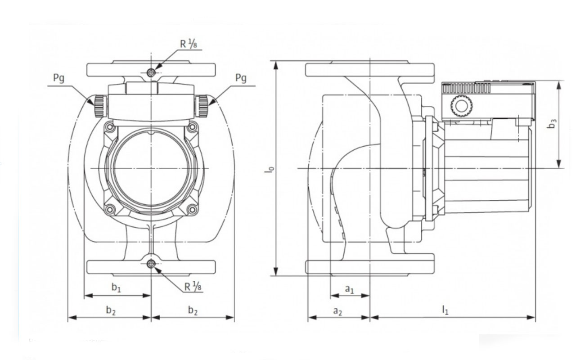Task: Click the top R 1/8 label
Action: tap(189, 44)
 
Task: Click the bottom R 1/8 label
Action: tap(193, 286)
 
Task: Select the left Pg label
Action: tap(58, 78)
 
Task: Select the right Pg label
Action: tap(241, 78)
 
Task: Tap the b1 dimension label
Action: tap(116, 287)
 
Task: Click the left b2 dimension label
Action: tap(111, 310)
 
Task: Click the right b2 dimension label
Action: tap(193, 310)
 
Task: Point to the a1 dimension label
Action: tap(350, 289)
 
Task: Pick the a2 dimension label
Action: tap(337, 311)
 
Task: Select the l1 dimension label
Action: tap(445, 310)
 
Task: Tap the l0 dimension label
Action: tap(270, 170)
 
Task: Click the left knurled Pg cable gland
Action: tap(100, 106)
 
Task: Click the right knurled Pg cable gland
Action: tap(201, 106)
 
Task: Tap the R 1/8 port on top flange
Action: tap(151, 73)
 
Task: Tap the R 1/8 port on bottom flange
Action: tap(151, 264)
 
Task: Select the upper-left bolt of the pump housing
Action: tap(110, 127)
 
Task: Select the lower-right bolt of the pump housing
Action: tap(192, 210)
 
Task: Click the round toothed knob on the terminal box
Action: tap(462, 106)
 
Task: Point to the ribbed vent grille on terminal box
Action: tap(466, 89)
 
